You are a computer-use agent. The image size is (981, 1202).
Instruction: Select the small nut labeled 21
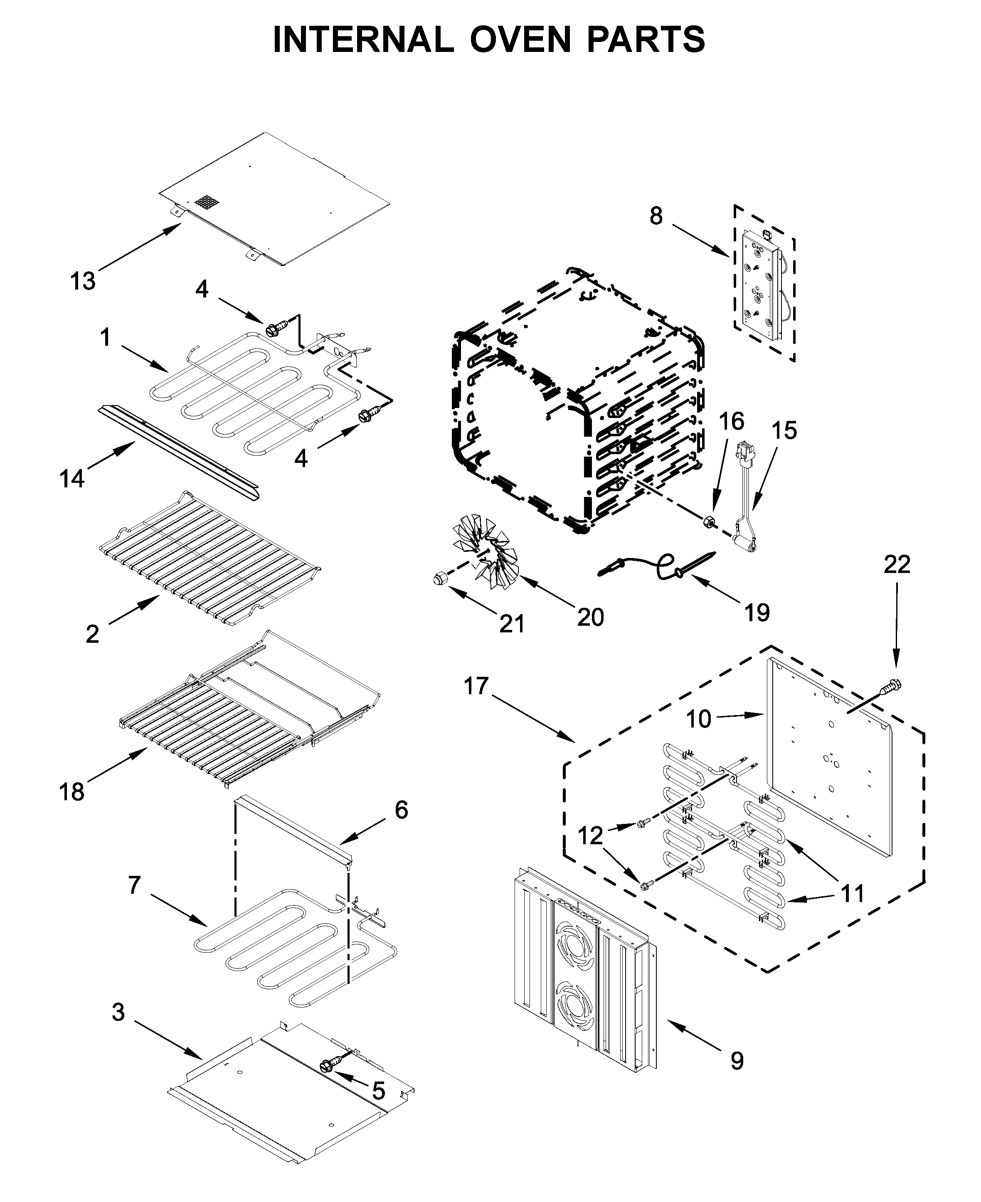440,578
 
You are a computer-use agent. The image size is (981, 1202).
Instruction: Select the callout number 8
656,216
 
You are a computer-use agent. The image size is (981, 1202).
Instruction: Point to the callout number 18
72,792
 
